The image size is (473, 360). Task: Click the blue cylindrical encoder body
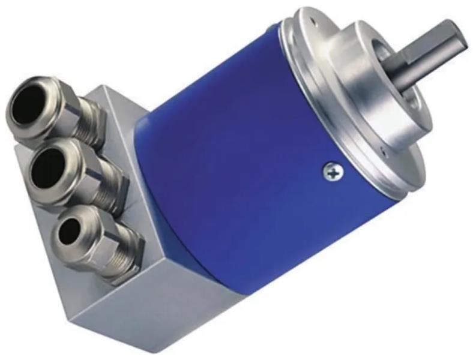[x=240, y=150]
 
